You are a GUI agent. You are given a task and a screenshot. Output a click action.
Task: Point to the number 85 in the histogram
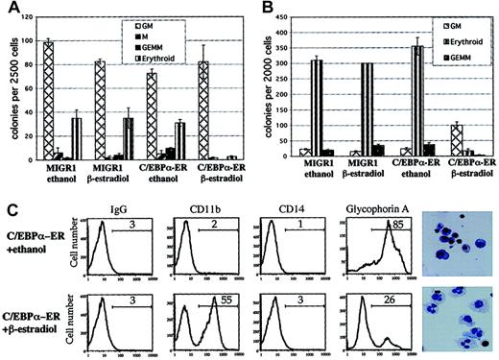pyautogui.click(x=392, y=224)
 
